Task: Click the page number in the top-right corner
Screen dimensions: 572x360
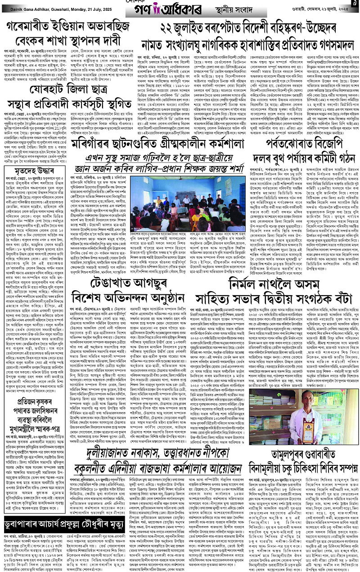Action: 354,4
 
